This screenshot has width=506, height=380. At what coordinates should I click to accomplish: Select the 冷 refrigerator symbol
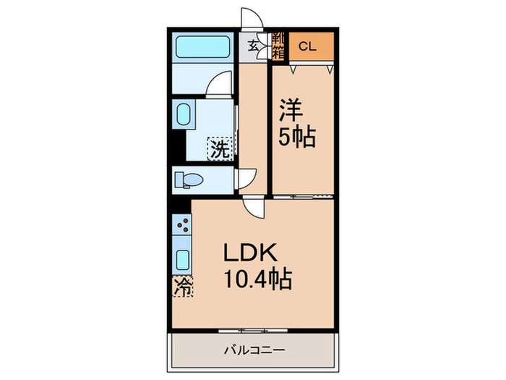pyautogui.click(x=183, y=287)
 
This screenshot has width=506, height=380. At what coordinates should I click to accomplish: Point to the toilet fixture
pyautogui.click(x=191, y=179)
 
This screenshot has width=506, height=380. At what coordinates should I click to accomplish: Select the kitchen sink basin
pyautogui.click(x=182, y=259)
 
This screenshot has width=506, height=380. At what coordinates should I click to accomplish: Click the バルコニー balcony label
pyautogui.click(x=253, y=350)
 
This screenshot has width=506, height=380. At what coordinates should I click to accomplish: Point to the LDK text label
pyautogui.click(x=252, y=253)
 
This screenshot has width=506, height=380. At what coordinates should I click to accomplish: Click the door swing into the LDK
pyautogui.click(x=253, y=207)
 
